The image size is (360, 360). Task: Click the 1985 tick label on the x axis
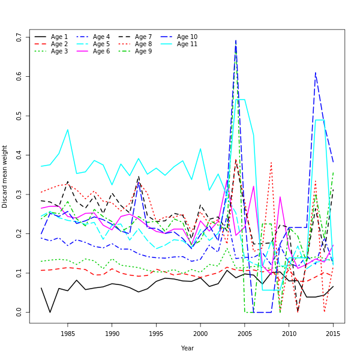pos(68,334)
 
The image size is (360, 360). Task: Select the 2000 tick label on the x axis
pos(200,334)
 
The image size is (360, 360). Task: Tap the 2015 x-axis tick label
pos(333,334)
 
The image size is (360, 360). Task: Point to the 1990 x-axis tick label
pos(112,334)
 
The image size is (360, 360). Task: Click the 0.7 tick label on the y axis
pos(20,38)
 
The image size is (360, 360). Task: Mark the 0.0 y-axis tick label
pos(20,313)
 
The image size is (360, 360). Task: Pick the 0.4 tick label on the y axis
pos(20,155)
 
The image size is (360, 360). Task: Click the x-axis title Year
pos(187,348)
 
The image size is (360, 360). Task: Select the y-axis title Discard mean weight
pos(5,176)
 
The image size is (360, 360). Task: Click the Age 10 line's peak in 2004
pos(236,40)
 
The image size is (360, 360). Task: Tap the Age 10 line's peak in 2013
pos(315,73)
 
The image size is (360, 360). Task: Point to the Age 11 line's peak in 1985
pos(68,130)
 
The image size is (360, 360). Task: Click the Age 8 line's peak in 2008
pos(271,162)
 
